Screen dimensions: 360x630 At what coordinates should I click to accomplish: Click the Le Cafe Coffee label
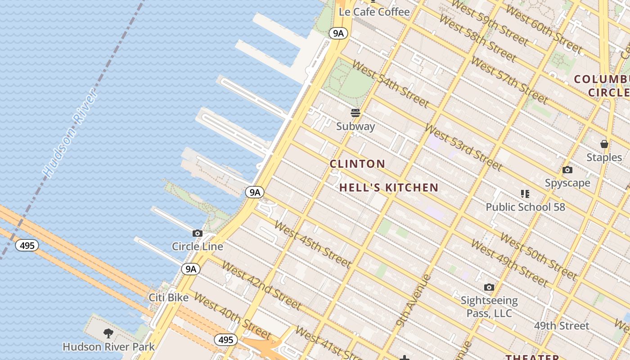pyautogui.click(x=374, y=12)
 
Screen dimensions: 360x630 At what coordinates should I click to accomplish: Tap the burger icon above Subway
pyautogui.click(x=355, y=112)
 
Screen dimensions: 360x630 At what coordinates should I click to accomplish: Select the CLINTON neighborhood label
pyautogui.click(x=357, y=164)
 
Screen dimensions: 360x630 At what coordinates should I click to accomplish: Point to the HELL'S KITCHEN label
pyautogui.click(x=389, y=188)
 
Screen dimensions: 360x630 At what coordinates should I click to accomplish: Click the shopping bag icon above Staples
pyautogui.click(x=604, y=144)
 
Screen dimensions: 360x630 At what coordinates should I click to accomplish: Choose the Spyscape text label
pyautogui.click(x=567, y=183)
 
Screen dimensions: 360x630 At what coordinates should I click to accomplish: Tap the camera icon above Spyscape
pyautogui.click(x=567, y=170)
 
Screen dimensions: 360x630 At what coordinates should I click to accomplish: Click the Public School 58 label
pyautogui.click(x=525, y=207)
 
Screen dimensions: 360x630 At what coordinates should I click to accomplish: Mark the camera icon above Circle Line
pyautogui.click(x=197, y=233)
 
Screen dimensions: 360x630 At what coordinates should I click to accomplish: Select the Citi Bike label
pyautogui.click(x=169, y=298)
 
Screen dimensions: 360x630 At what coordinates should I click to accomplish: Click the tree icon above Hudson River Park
pyautogui.click(x=108, y=333)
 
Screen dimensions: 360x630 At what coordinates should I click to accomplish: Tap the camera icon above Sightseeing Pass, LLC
pyautogui.click(x=489, y=287)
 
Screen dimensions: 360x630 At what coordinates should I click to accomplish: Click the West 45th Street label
pyautogui.click(x=312, y=244)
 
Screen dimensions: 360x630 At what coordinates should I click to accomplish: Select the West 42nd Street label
pyautogui.click(x=261, y=285)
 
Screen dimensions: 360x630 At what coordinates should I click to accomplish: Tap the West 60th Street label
pyautogui.click(x=544, y=28)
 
